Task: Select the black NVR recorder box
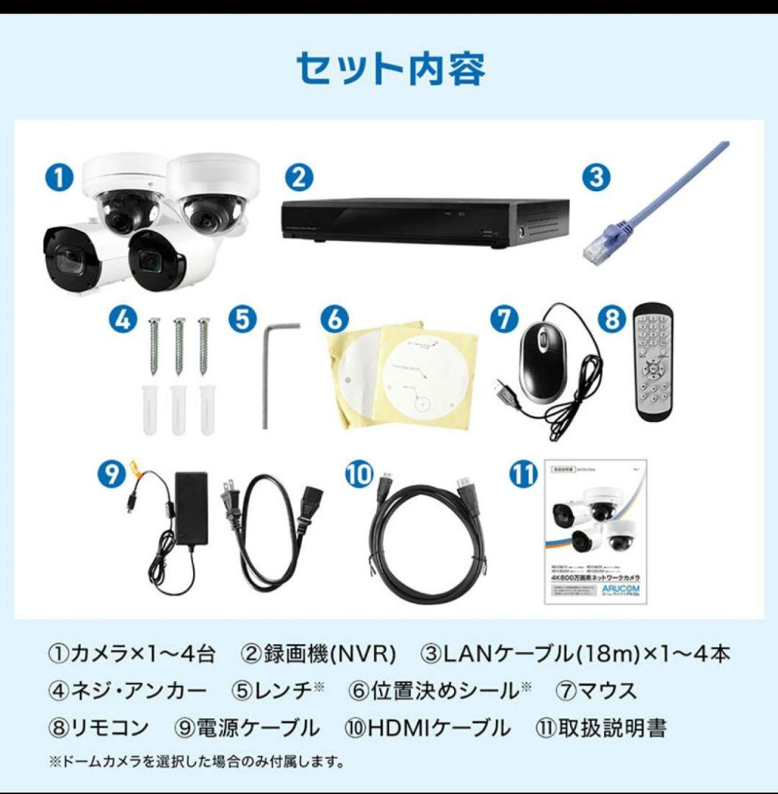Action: (425, 220)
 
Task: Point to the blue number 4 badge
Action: (123, 320)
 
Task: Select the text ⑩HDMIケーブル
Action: (427, 729)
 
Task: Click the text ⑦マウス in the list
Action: (596, 691)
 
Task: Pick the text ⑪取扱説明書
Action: (602, 729)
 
